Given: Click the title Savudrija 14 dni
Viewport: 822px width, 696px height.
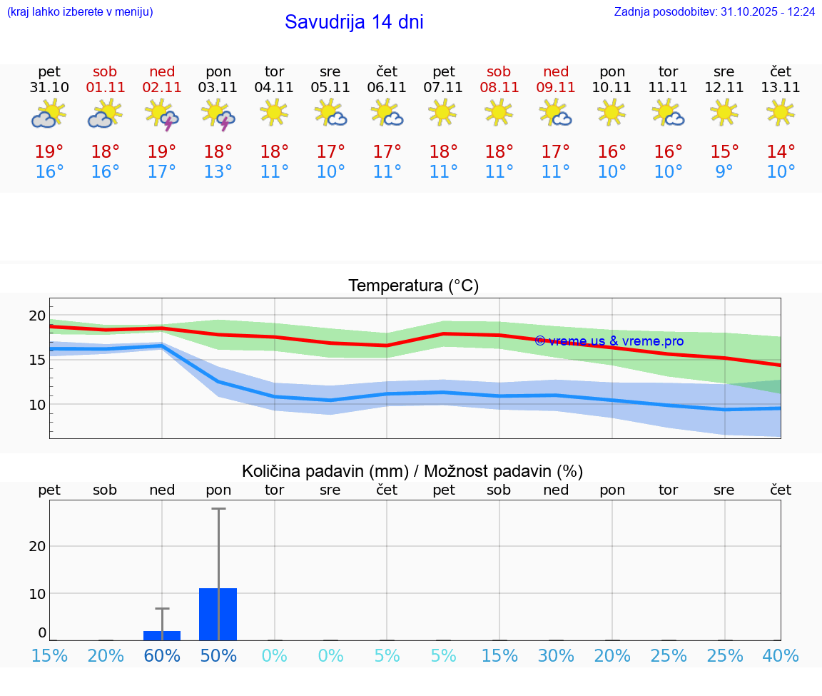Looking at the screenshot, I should [x=354, y=22].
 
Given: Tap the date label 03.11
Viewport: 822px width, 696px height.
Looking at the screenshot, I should [x=218, y=88].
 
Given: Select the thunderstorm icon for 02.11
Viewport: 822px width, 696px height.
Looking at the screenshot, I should [x=161, y=114].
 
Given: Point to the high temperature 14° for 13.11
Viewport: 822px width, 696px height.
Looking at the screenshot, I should [x=781, y=151].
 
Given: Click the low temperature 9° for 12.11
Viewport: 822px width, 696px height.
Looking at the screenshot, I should [x=724, y=172].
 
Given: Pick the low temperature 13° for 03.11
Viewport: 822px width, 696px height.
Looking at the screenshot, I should [x=218, y=172].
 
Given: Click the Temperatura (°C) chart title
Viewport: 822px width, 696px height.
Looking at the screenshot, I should [x=413, y=286].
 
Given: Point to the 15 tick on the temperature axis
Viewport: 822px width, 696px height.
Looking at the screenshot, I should [x=37, y=360].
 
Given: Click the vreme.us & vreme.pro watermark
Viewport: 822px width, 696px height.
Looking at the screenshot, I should [x=609, y=341].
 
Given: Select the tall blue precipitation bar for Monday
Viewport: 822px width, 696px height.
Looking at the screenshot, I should [x=218, y=614].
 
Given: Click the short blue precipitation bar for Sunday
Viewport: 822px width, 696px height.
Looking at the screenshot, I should [x=162, y=635].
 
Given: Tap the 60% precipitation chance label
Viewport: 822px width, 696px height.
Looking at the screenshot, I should [x=162, y=655].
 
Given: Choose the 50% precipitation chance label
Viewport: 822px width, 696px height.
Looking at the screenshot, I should [x=218, y=655].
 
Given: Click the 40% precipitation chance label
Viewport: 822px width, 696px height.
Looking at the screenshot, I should [x=781, y=655].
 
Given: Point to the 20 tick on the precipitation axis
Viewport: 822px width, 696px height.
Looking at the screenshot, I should [x=37, y=546].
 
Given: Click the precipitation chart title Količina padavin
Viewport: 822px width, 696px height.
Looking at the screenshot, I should [x=412, y=471].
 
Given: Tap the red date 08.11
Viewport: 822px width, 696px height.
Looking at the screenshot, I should [x=499, y=88].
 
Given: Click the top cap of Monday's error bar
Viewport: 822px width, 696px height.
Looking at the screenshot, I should [x=218, y=509].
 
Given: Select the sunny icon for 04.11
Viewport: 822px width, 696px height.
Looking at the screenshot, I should [x=274, y=112].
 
